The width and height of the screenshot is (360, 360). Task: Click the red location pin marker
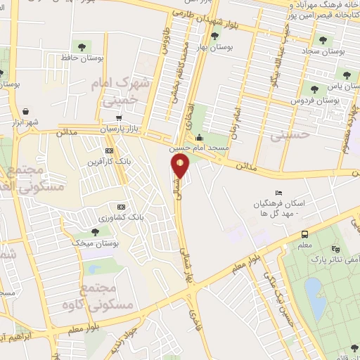181,166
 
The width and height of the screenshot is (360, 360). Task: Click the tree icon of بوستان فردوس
313,89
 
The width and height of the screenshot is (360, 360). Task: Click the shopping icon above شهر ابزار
26,111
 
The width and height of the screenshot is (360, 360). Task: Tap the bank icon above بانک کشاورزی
121,207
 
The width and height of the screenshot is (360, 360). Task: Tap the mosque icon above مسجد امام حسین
200,138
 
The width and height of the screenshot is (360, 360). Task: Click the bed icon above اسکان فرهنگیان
278,193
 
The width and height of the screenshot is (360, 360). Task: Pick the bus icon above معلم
304,234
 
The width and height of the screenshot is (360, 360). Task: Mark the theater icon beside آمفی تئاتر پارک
335,249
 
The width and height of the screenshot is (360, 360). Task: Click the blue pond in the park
315,297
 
